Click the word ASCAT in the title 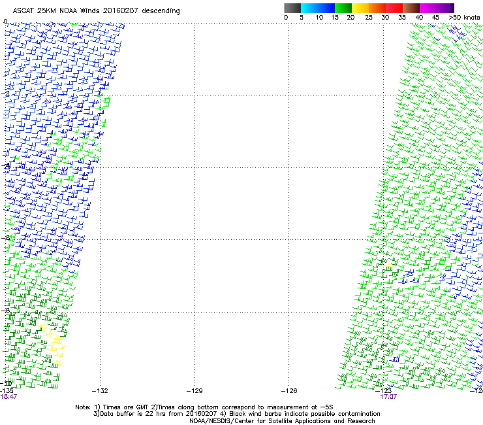pos(24,11)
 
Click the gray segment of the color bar pos(293,8)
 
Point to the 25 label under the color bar pos(369,18)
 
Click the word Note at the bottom pos(82,407)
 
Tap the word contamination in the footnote pos(358,414)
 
